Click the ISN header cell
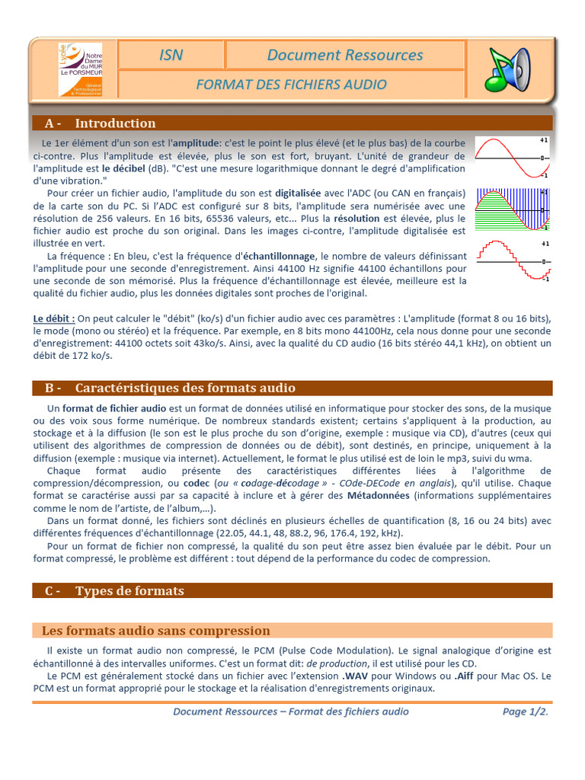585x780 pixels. [x=171, y=55]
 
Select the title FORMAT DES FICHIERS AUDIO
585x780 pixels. [x=291, y=85]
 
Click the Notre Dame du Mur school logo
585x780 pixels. [x=81, y=69]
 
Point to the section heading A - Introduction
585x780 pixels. [x=100, y=123]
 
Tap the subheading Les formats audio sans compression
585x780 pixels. [x=155, y=631]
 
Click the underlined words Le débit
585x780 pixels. [x=54, y=318]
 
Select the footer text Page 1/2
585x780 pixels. [x=526, y=711]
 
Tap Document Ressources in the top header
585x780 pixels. [x=344, y=55]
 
